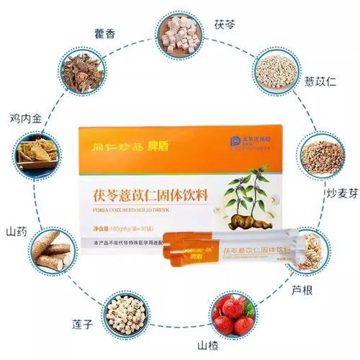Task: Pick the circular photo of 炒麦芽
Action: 322,156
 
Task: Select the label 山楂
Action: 235,348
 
